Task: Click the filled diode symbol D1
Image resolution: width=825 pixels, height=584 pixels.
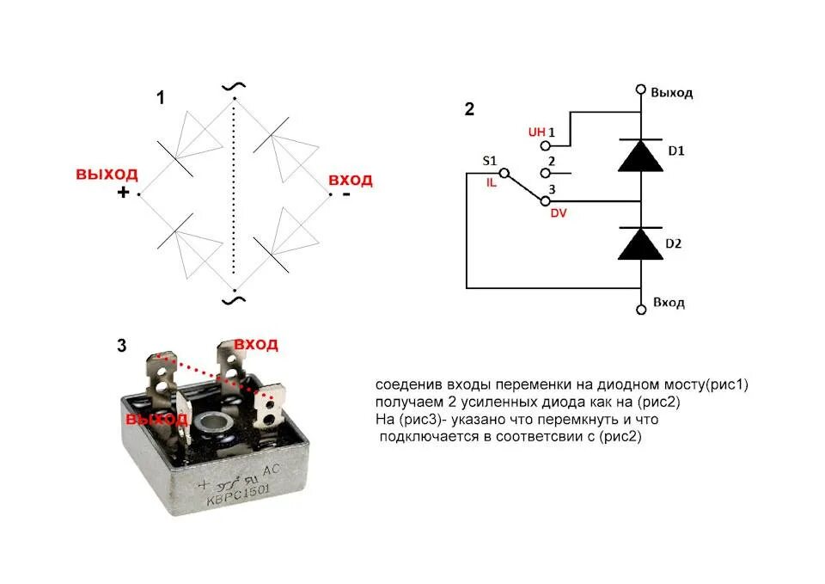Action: [x=641, y=155]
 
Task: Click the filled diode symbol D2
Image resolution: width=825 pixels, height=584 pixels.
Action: [x=641, y=244]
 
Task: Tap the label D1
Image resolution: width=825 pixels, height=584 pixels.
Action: [x=675, y=151]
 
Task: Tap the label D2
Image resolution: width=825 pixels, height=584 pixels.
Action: [x=674, y=244]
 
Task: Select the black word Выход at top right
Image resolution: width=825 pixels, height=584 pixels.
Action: [x=671, y=92]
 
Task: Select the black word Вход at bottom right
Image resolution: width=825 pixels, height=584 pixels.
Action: [x=669, y=303]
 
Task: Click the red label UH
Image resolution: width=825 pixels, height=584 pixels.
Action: [x=536, y=132]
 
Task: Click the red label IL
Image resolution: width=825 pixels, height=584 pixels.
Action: [x=492, y=182]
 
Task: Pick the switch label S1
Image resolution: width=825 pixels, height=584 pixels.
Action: [x=490, y=161]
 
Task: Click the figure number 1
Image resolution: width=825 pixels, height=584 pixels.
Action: [x=160, y=98]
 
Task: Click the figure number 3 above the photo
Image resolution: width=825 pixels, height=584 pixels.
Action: [x=121, y=346]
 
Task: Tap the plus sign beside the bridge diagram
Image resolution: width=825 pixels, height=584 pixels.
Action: [x=123, y=193]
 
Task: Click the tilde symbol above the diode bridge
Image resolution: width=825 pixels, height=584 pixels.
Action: [x=233, y=86]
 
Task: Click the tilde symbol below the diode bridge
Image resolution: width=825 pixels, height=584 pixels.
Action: [x=233, y=298]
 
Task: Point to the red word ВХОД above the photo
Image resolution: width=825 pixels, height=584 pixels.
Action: [x=256, y=344]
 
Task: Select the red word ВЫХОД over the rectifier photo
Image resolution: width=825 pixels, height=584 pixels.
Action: [x=156, y=419]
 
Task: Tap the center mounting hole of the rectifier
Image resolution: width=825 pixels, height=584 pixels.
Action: [x=210, y=423]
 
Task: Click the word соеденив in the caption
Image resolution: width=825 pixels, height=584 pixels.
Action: [x=404, y=384]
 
